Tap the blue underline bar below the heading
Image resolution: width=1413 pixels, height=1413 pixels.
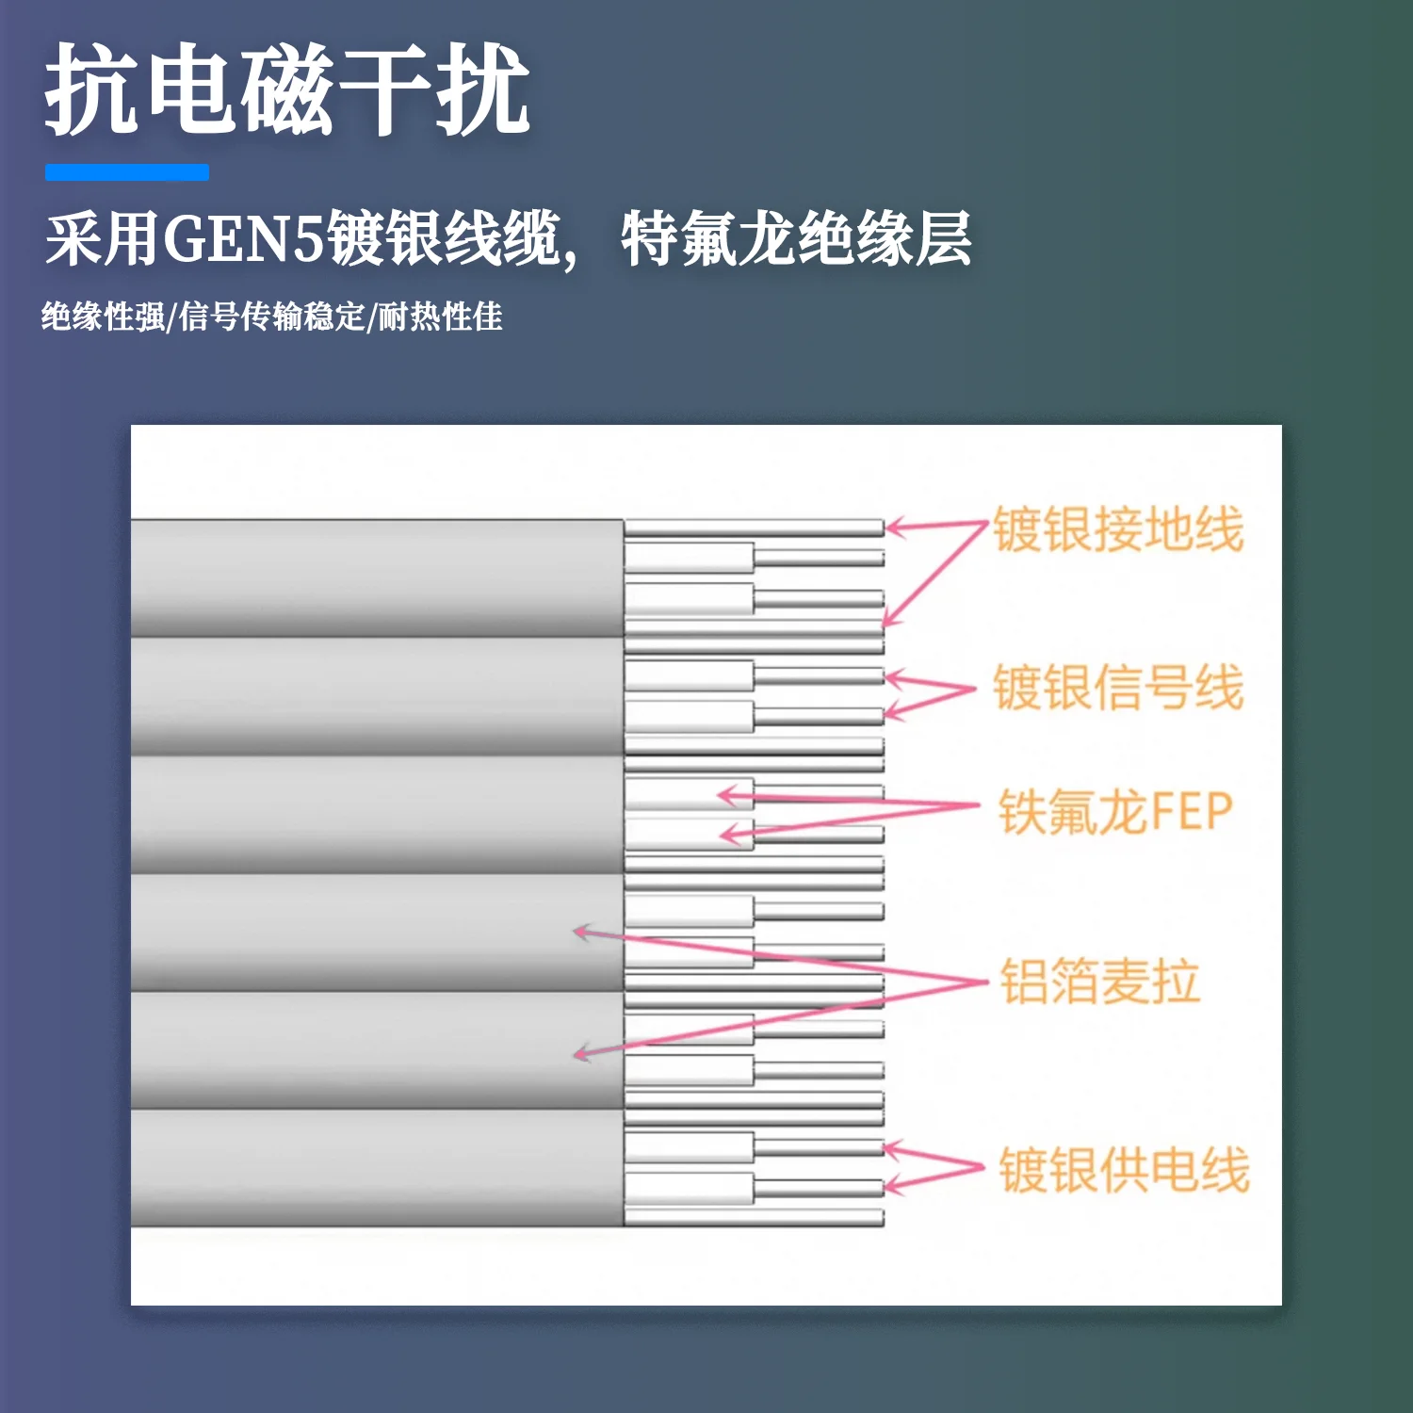[x=127, y=172]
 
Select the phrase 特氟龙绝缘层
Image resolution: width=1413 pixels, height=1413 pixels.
[x=796, y=239]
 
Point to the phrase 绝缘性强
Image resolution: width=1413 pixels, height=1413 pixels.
[x=103, y=317]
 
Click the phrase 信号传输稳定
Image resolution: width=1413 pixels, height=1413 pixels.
[x=271, y=317]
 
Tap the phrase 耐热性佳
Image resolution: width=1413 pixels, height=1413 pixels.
[x=440, y=317]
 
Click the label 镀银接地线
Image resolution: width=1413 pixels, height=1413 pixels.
[x=1118, y=528]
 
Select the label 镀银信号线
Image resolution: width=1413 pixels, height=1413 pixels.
[x=1118, y=687]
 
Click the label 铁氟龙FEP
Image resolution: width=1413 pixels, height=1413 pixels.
[x=1116, y=812]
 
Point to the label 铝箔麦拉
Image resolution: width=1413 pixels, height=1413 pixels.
[x=1100, y=982]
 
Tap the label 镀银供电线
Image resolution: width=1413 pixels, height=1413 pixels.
[x=1124, y=1170]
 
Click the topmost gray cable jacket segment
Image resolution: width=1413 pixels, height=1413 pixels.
[x=377, y=577]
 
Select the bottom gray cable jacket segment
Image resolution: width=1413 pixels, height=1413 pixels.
[x=377, y=1168]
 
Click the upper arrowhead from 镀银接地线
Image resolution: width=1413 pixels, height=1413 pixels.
[x=891, y=527]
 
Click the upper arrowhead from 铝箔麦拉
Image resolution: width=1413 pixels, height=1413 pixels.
[x=580, y=932]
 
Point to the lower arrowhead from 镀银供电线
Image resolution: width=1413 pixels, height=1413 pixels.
[x=890, y=1186]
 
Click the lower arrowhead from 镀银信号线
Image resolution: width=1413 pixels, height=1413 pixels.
[x=891, y=713]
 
